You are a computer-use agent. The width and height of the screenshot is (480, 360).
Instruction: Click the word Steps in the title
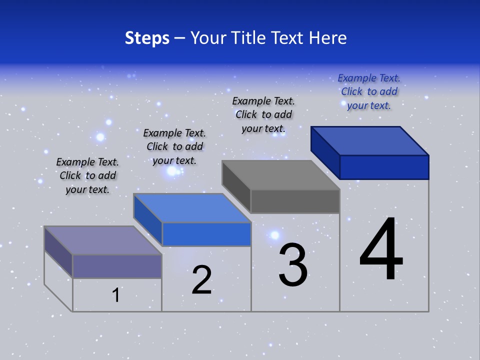pyautogui.click(x=147, y=38)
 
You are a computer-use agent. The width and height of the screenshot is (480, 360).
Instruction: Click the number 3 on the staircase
pyautogui.click(x=293, y=265)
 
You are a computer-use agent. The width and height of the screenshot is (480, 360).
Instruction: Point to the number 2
pyautogui.click(x=202, y=280)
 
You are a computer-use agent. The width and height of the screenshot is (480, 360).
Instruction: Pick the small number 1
pyautogui.click(x=116, y=295)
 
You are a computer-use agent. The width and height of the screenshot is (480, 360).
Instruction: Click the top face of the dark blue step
pyautogui.click(x=370, y=140)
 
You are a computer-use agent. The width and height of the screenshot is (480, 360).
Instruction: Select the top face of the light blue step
pyautogui.click(x=192, y=208)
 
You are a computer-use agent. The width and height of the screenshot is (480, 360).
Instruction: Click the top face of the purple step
pyautogui.click(x=103, y=240)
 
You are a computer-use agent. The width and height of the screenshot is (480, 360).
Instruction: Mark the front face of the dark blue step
pyautogui.click(x=384, y=167)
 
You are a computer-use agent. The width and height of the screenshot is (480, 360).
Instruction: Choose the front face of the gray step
pyautogui.click(x=295, y=201)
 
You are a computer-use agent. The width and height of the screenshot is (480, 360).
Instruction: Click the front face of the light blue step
pyautogui.click(x=206, y=234)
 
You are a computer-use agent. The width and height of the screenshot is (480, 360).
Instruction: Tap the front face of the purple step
pyautogui.click(x=117, y=266)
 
